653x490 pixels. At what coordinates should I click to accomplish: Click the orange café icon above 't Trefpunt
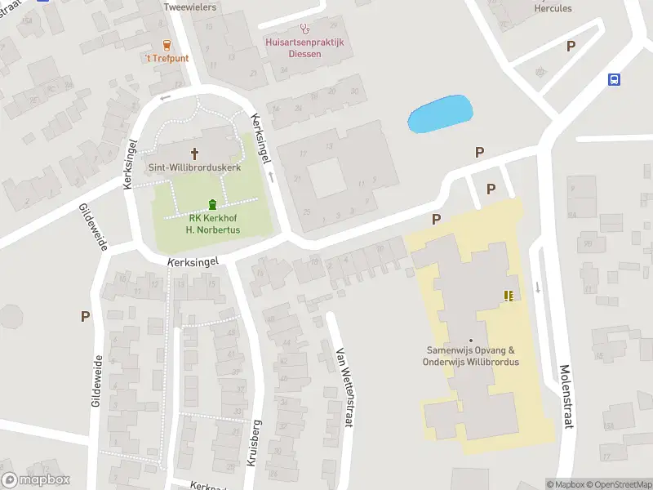coord(167,45)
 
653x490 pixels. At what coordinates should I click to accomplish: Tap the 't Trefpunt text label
coord(167,59)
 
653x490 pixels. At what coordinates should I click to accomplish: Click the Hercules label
coord(553,8)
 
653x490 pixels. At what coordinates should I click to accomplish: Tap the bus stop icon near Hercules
coord(614,79)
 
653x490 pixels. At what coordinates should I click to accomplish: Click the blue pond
coord(439,114)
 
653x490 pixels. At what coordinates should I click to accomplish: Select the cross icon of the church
coord(195,153)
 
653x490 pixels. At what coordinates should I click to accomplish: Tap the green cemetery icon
coord(213,204)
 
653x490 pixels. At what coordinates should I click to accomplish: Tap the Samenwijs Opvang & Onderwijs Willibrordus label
coord(472,356)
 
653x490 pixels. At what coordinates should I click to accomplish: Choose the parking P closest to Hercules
coord(571,47)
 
